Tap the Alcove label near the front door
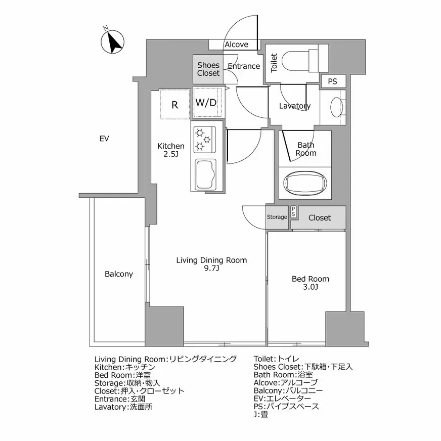[x=236, y=45]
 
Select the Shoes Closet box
[x=208, y=69]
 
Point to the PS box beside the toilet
[x=332, y=81]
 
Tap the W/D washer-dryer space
[x=206, y=103]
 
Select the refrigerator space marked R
[x=174, y=105]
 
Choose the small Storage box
[x=277, y=217]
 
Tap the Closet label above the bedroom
[x=320, y=217]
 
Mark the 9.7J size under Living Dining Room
[x=211, y=268]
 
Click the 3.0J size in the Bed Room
[x=311, y=287]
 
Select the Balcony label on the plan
[x=119, y=274]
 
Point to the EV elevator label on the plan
[x=105, y=139]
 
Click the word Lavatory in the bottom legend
[x=110, y=407]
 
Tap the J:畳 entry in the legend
[x=261, y=415]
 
